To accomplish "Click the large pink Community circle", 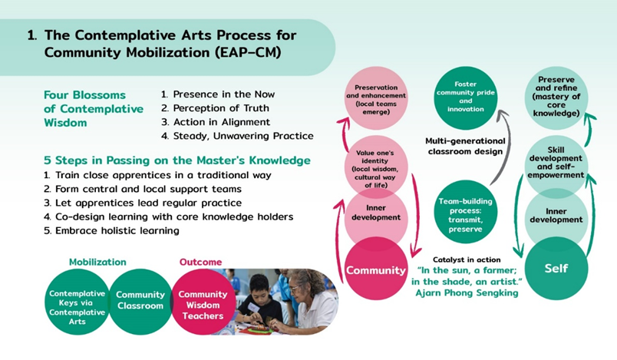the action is [x=376, y=269].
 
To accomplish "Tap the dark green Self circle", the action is [x=556, y=269].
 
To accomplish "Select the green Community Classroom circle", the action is [x=140, y=302].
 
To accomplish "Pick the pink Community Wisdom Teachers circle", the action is [x=203, y=302].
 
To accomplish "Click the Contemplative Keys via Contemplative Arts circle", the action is [x=77, y=302].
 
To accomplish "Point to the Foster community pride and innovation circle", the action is [x=466, y=98].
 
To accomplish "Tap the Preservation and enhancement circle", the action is [x=376, y=98].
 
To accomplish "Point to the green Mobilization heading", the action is [x=97, y=262].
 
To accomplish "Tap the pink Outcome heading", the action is [x=201, y=262].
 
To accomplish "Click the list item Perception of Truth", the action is [x=215, y=107].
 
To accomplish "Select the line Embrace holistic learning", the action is [x=111, y=230].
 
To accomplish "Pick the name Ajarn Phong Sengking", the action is [x=467, y=292].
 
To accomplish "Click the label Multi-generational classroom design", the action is [x=465, y=146].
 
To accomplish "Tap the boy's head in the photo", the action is [x=259, y=286].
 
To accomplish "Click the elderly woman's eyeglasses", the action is [x=294, y=289].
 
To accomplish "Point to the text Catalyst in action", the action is [x=467, y=259].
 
